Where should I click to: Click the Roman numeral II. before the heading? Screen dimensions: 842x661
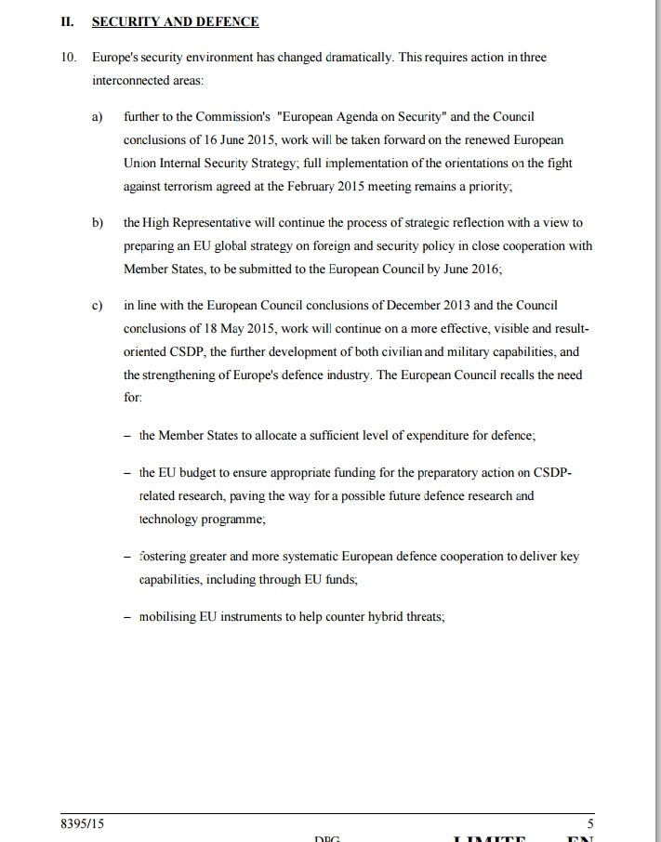tap(67, 21)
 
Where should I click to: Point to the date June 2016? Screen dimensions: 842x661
tap(471, 270)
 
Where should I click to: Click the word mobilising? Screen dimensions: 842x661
tap(167, 617)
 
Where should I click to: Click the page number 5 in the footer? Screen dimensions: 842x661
tap(590, 823)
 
